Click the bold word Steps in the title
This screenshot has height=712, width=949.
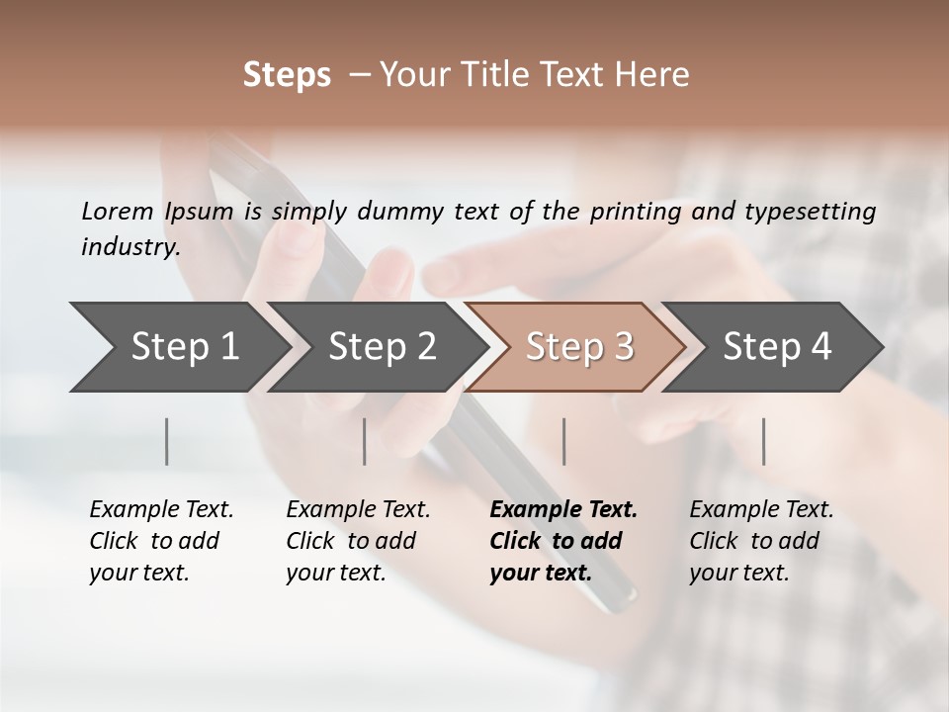pos(287,75)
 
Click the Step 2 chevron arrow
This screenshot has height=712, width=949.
pos(376,346)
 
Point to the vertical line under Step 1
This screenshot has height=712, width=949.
pos(167,441)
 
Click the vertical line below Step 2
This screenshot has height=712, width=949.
pos(365,441)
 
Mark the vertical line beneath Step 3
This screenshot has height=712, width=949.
pos(563,441)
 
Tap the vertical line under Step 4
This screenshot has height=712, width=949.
pos(763,441)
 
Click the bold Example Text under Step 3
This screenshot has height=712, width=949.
pos(563,510)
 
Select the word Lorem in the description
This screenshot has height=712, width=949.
pos(118,211)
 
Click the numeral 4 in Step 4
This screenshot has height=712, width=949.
pos(820,346)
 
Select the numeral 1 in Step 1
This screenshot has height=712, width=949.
pos(228,346)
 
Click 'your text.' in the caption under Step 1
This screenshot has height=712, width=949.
pos(138,573)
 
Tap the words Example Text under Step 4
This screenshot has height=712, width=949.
pos(761,510)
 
